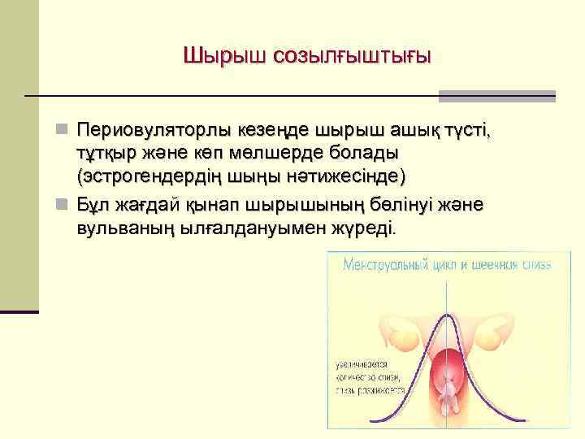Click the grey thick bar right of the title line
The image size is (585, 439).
click(x=496, y=96)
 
